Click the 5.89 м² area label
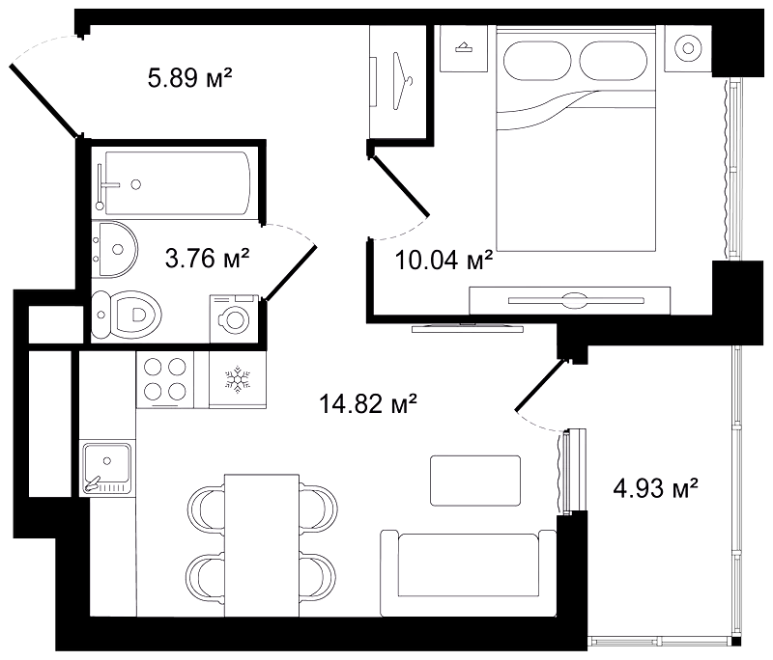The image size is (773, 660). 189,78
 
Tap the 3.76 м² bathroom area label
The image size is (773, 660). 207,258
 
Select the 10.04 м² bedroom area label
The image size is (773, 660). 444,260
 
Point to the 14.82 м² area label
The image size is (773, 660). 368,403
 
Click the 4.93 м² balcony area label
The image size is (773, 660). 656,488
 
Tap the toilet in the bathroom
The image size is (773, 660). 127,315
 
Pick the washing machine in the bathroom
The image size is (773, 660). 234,318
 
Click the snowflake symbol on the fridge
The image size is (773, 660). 238,379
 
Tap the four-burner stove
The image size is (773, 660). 164,379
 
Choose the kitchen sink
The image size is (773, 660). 107,469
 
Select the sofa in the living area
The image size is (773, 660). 469,573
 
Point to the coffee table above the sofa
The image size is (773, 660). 475,481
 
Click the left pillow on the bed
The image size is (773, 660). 537,60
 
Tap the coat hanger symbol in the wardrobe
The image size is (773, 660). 403,81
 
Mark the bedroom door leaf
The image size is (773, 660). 400,185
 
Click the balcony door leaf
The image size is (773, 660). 540,385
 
